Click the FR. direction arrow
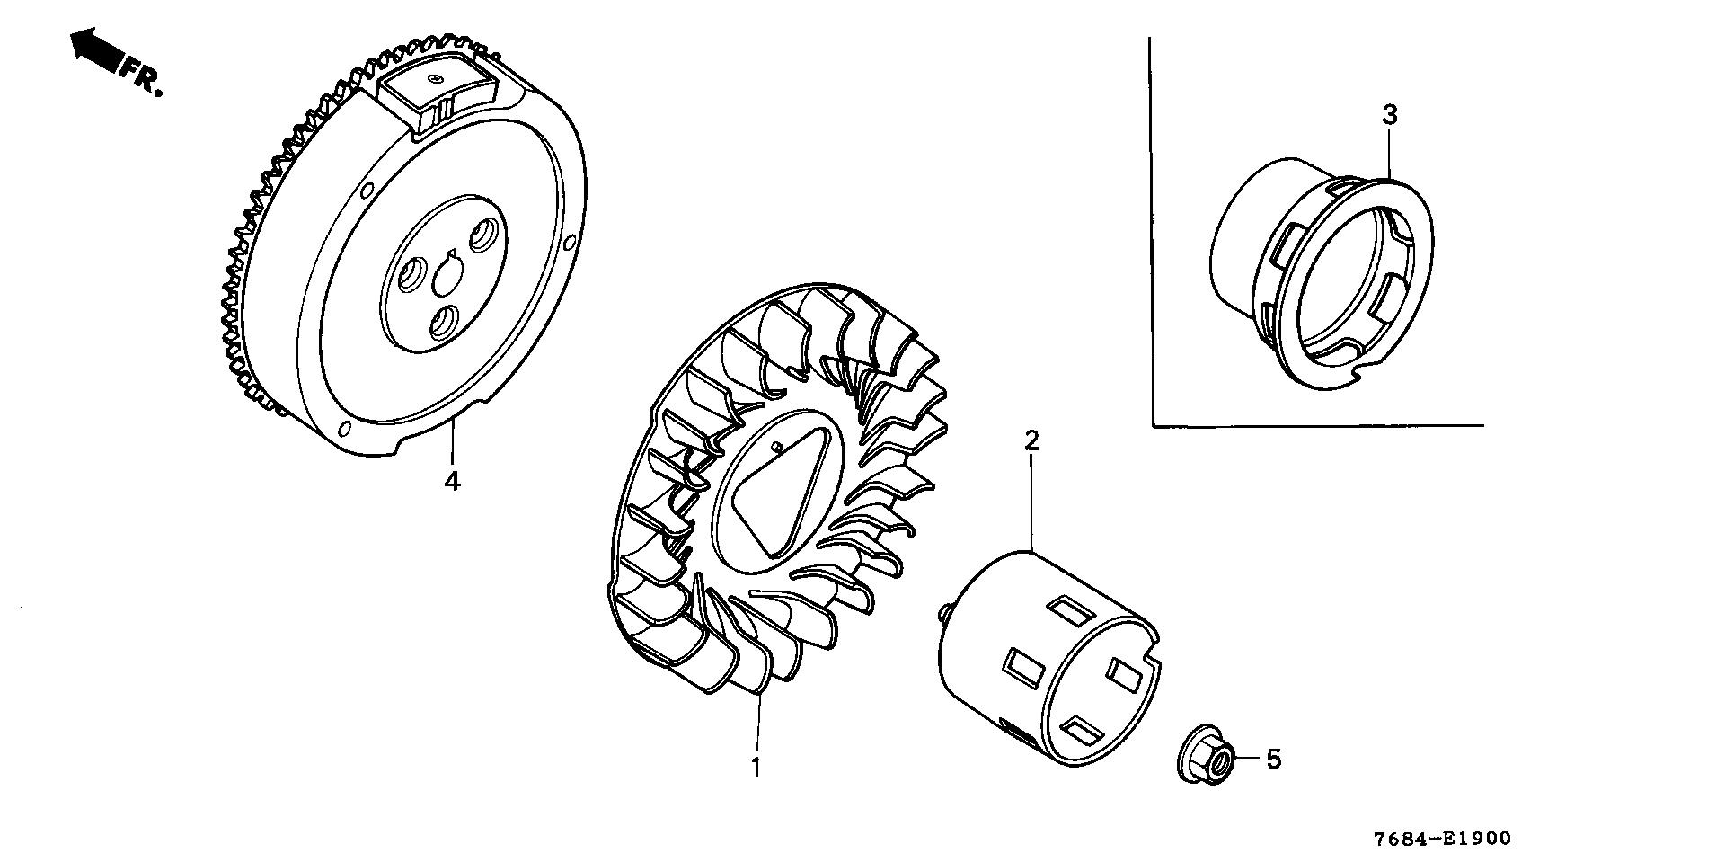97,49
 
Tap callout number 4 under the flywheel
452,481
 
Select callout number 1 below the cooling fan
756,768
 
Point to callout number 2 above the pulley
1031,440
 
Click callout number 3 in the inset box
1389,115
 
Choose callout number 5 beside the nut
1273,760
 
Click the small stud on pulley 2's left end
942,610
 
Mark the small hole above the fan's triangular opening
775,446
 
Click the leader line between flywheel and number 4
454,445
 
